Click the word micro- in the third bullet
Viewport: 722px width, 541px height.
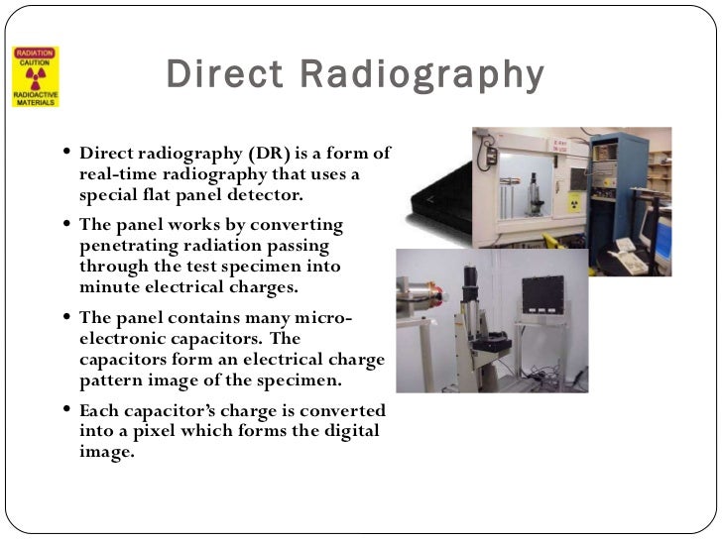[x=322, y=317]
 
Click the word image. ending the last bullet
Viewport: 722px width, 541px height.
[x=105, y=452]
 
